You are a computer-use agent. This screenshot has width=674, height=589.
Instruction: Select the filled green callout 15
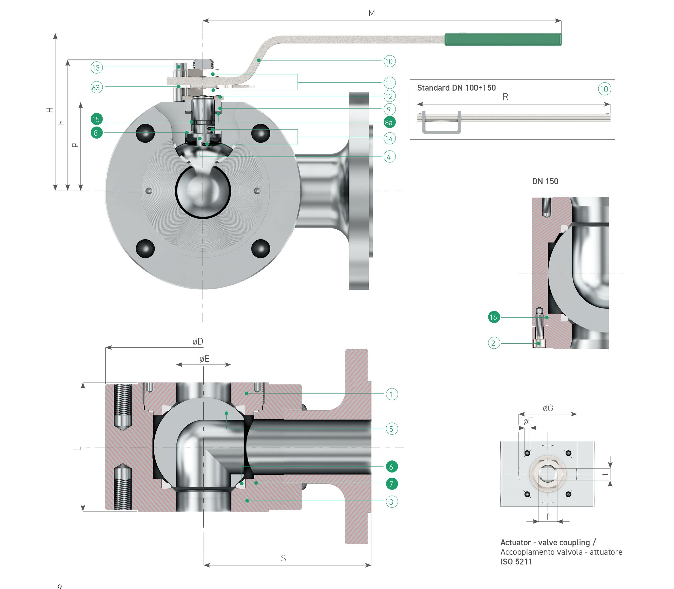(96, 119)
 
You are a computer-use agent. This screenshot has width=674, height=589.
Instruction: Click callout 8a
(389, 122)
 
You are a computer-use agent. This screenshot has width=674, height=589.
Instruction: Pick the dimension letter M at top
(371, 13)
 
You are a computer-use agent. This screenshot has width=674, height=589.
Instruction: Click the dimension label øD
(198, 342)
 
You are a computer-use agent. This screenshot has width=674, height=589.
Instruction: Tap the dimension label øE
(204, 359)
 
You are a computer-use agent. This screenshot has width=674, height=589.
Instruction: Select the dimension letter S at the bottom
(283, 558)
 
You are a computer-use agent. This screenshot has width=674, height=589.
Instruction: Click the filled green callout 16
(494, 317)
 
